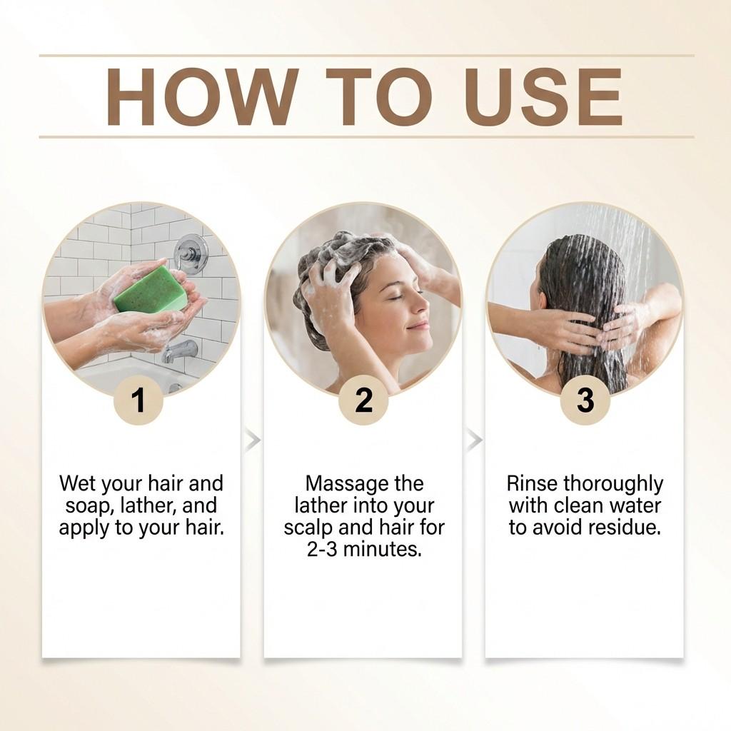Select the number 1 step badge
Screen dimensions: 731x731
[138, 400]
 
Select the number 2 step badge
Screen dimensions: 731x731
[363, 400]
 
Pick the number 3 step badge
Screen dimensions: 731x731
[585, 400]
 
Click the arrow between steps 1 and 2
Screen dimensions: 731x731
[252, 440]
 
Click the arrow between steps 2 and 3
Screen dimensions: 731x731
[474, 440]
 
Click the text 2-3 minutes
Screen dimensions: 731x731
[363, 550]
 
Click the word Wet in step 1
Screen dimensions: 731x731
[77, 484]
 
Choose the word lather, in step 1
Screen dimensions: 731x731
[148, 506]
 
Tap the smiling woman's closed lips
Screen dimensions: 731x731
[419, 325]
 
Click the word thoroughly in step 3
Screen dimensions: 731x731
[615, 484]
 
